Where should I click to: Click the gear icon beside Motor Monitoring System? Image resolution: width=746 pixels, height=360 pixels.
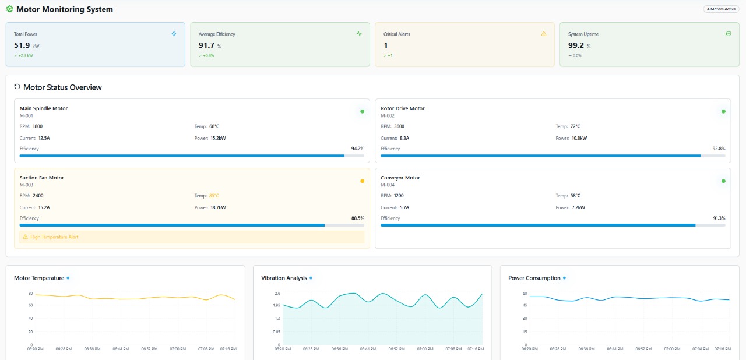click(x=9, y=9)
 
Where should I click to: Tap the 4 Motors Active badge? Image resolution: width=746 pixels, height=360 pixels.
click(x=721, y=9)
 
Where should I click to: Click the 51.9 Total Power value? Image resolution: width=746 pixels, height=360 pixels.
click(x=22, y=45)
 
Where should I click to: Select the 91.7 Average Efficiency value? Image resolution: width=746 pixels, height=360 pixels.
click(x=206, y=45)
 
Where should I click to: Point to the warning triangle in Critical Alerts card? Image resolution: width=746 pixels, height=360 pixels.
click(x=544, y=34)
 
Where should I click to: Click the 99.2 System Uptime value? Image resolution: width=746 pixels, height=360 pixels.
click(x=576, y=45)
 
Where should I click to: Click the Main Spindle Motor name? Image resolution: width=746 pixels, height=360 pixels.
click(x=44, y=108)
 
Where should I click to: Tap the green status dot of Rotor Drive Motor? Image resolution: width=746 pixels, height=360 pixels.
click(x=723, y=111)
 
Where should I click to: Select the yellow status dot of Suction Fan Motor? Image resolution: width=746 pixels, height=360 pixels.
click(x=362, y=181)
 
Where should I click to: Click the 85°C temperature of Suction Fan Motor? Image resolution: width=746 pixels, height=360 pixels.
click(x=214, y=196)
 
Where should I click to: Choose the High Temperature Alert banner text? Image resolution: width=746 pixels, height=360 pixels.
click(x=54, y=237)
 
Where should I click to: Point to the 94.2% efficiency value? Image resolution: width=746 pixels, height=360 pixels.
click(x=357, y=149)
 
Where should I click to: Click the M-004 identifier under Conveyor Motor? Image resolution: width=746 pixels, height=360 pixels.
click(x=388, y=185)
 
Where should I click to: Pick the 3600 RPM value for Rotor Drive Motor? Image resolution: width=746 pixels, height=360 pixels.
click(x=399, y=126)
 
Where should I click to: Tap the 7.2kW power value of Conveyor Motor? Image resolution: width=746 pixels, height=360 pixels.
click(x=578, y=207)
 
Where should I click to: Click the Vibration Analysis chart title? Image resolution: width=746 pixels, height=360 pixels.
click(x=284, y=278)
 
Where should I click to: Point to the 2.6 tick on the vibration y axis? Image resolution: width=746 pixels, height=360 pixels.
click(x=277, y=293)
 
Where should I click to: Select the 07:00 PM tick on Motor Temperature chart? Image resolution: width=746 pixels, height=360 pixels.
click(x=178, y=349)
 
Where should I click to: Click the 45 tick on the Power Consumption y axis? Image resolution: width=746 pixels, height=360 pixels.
click(x=525, y=305)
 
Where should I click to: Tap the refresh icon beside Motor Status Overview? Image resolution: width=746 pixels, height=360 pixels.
click(x=17, y=87)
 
